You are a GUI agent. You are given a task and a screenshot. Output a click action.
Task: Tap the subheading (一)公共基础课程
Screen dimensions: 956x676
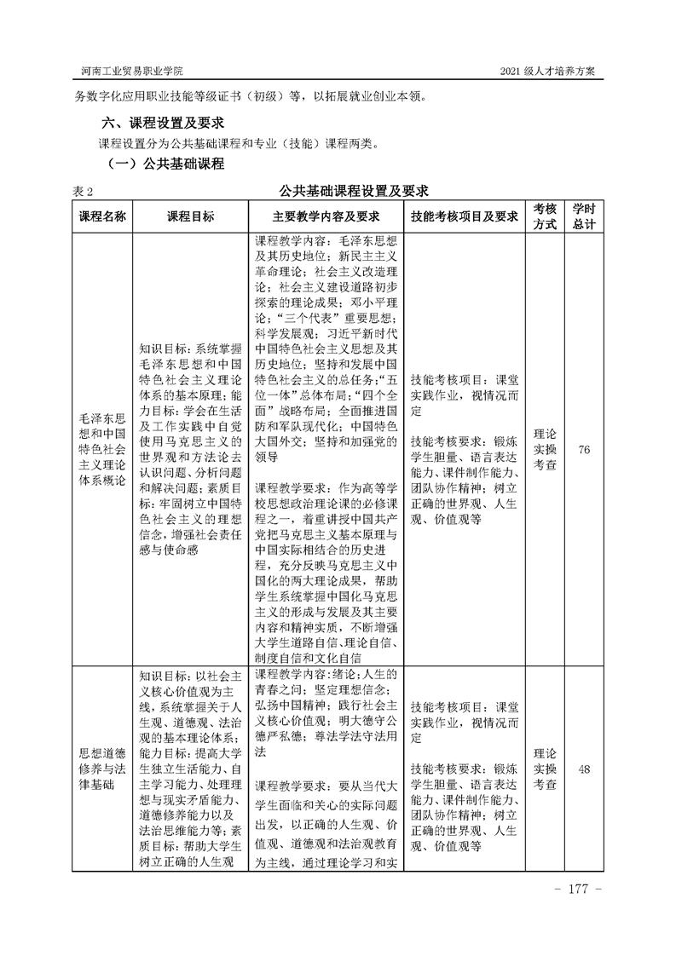tap(164, 164)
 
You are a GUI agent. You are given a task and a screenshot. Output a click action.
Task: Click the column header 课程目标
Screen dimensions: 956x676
tap(190, 216)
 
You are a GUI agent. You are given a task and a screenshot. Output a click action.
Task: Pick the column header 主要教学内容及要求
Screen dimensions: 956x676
tap(326, 216)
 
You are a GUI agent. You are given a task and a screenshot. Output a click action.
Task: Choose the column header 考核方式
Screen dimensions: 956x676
tap(546, 216)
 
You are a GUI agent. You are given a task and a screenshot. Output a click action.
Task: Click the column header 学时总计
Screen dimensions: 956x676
tap(584, 216)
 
